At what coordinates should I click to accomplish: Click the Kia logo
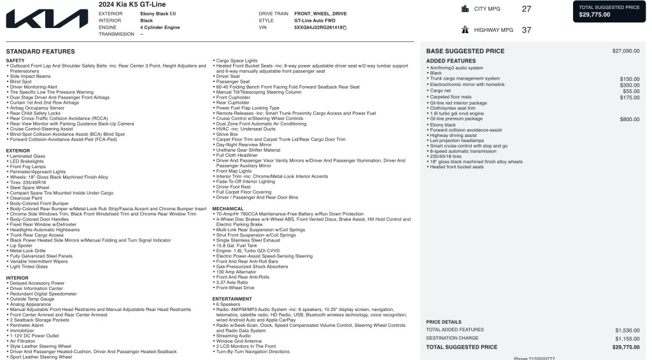(x=47, y=18)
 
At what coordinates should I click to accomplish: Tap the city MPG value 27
(x=526, y=9)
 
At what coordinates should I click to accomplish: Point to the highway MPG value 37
(x=526, y=30)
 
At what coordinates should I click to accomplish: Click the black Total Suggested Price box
(x=610, y=11)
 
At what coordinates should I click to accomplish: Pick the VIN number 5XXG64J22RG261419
(x=318, y=27)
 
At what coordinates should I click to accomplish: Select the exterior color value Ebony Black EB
(x=158, y=13)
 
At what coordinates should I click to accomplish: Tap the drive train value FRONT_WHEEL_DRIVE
(x=320, y=13)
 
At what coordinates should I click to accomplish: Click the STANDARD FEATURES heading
(x=40, y=52)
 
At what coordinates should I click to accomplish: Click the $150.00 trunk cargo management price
(x=630, y=79)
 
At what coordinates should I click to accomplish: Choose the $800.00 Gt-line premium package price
(x=630, y=119)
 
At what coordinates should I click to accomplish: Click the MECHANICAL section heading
(x=228, y=208)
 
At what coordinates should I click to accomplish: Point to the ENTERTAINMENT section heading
(x=232, y=299)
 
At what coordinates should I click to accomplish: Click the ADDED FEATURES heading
(x=451, y=61)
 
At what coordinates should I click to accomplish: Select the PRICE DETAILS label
(x=444, y=322)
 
